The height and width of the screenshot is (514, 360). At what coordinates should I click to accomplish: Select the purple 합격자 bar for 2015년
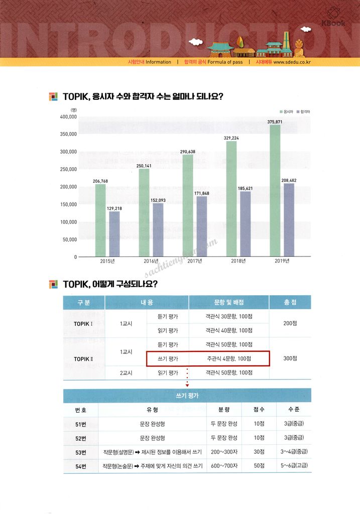pyautogui.click(x=114, y=233)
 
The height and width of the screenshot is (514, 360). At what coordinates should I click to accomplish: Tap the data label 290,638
pyautogui.click(x=187, y=151)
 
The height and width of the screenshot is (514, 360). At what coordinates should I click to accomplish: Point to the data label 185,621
pyautogui.click(x=245, y=188)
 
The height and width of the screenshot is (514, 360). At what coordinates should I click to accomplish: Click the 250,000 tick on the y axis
pyautogui.click(x=67, y=169)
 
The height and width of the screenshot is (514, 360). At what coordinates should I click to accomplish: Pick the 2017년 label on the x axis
pyautogui.click(x=194, y=261)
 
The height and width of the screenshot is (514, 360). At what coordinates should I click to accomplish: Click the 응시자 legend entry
pyautogui.click(x=287, y=111)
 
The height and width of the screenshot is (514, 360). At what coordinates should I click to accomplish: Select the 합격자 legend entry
pyautogui.click(x=303, y=111)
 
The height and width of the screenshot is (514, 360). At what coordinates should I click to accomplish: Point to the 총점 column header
pyautogui.click(x=290, y=302)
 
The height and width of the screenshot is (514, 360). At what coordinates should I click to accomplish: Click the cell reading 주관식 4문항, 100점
pyautogui.click(x=229, y=359)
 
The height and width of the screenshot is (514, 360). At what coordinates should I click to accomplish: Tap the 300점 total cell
pyautogui.click(x=290, y=359)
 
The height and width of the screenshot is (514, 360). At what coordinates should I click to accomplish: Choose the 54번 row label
pyautogui.click(x=80, y=466)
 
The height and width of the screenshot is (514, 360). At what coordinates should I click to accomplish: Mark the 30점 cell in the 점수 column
pyautogui.click(x=259, y=452)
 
